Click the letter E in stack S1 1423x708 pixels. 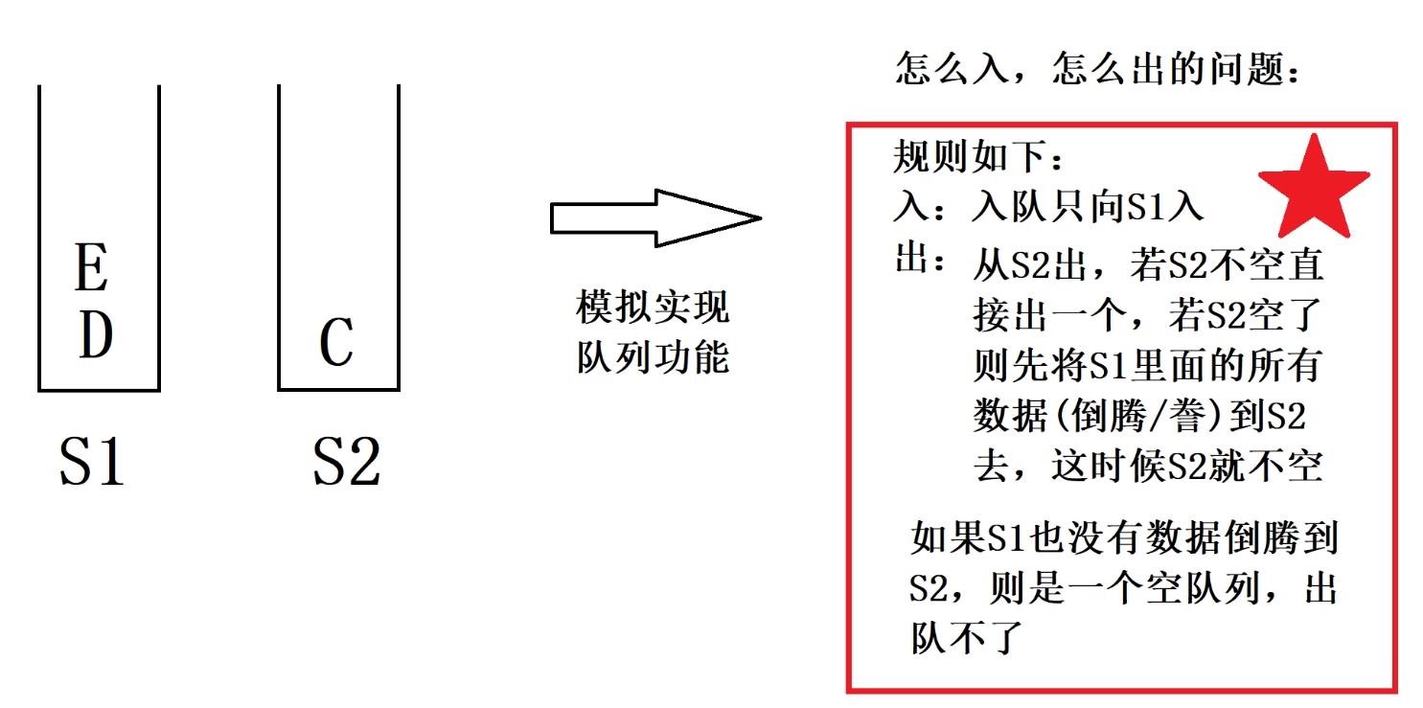pos(92,269)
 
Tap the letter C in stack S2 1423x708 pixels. pos(336,343)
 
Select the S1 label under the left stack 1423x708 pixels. pos(92,462)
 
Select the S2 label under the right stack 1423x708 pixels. pos(346,462)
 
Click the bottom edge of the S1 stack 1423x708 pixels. pos(99,390)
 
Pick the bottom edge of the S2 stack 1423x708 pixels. pos(338,389)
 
